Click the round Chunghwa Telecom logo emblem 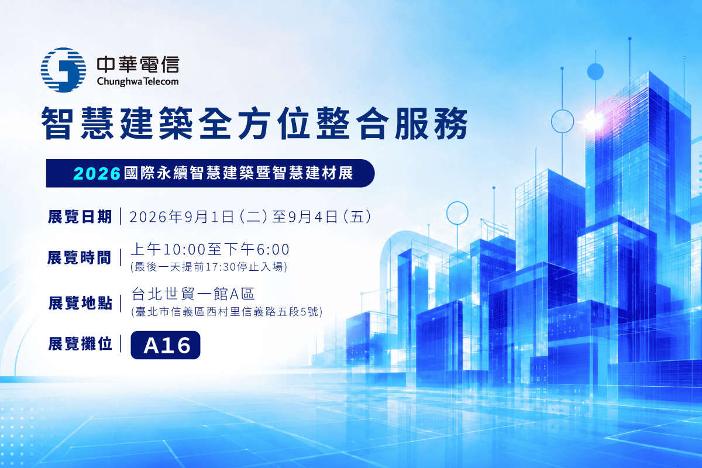(x=63, y=70)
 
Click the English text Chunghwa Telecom (x=137, y=81)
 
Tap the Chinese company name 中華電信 (x=138, y=64)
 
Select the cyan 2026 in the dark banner (x=97, y=173)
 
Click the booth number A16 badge (x=166, y=345)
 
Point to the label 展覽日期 (x=80, y=216)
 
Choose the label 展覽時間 (x=80, y=257)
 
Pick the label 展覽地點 (x=80, y=303)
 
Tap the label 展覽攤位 (x=80, y=343)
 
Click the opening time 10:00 (x=184, y=250)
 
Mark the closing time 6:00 (x=273, y=250)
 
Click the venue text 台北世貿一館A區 (x=193, y=294)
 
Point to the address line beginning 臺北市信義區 (x=227, y=312)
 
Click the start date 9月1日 (x=209, y=216)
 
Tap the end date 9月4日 (x=312, y=216)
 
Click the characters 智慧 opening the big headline (x=77, y=123)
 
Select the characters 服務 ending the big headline (x=432, y=123)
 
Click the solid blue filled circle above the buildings (x=595, y=71)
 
